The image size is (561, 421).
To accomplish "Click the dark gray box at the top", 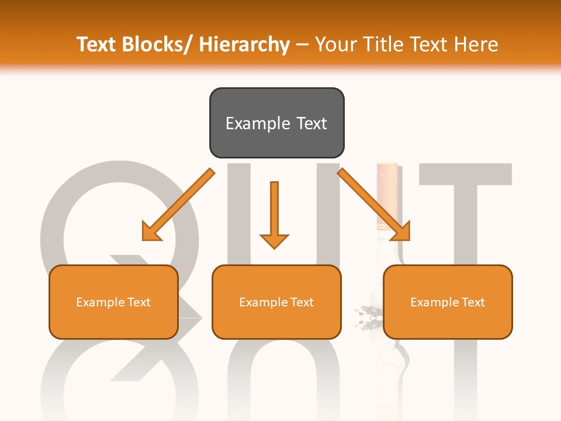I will click(276, 123).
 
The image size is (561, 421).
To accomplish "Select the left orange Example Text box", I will click(113, 302).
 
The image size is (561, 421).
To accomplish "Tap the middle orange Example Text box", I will click(276, 302).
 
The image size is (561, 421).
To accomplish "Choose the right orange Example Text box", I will click(448, 302).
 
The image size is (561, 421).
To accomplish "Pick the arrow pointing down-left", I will click(178, 205).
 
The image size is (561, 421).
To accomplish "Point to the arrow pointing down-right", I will click(374, 205).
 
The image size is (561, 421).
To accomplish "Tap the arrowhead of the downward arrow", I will click(274, 240).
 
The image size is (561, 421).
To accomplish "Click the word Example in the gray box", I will click(257, 123).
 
